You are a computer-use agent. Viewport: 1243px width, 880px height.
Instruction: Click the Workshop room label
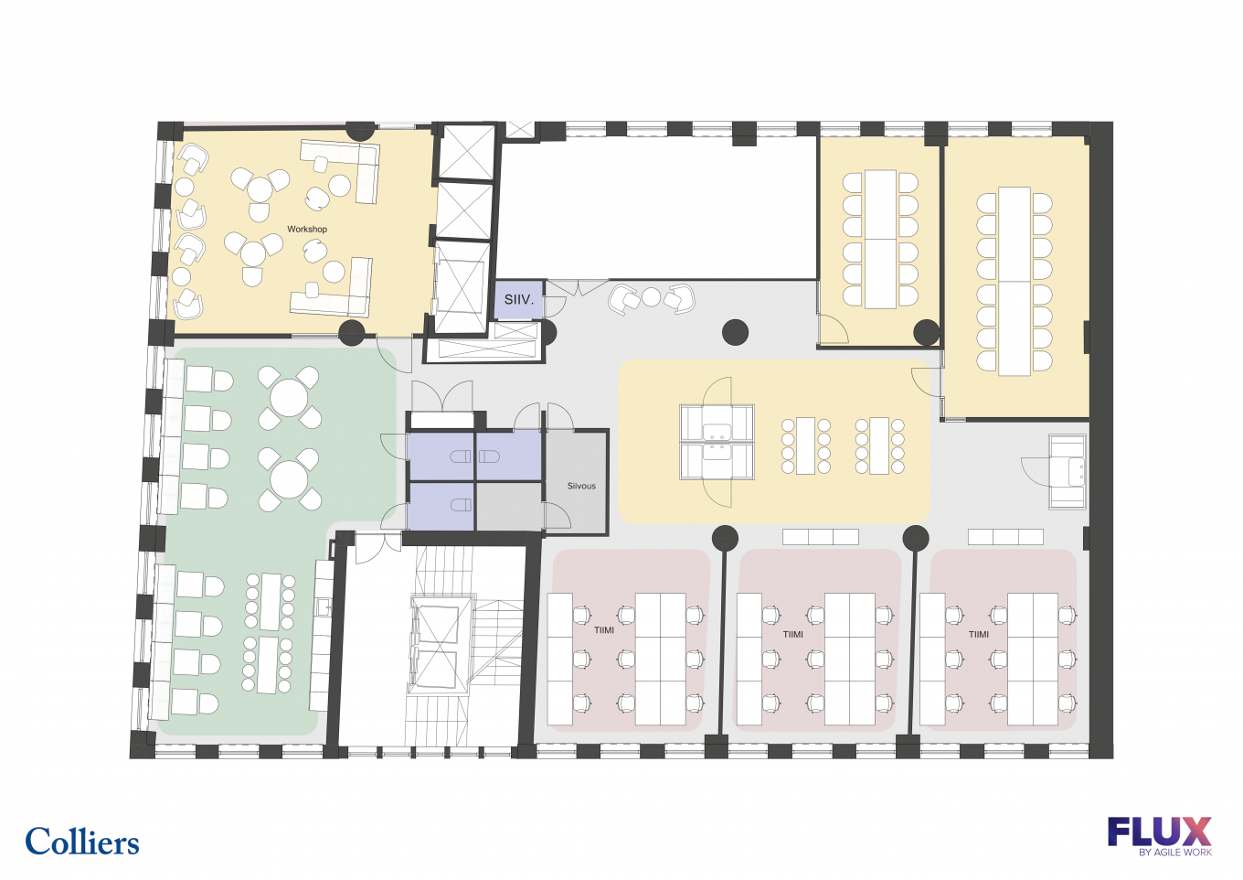point(307,229)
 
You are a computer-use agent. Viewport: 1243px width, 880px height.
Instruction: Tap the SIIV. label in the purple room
point(519,300)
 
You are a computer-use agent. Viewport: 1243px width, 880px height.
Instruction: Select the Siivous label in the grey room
point(581,486)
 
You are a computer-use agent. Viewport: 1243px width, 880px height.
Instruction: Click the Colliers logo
point(82,841)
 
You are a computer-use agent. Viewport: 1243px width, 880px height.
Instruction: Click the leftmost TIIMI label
point(604,630)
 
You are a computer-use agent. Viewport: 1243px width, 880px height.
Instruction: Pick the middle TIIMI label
point(793,634)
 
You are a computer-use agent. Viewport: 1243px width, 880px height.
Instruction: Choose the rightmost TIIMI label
point(979,634)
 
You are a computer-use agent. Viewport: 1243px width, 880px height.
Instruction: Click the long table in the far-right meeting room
point(1015,282)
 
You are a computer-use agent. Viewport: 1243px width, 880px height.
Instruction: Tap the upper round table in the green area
point(289,397)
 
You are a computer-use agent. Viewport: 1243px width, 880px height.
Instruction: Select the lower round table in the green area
point(289,479)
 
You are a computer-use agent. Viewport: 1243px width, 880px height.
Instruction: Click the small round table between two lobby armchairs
point(651,297)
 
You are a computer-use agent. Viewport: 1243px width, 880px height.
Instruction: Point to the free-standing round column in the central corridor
point(735,333)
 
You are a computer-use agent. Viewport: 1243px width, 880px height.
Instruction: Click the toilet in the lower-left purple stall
point(462,504)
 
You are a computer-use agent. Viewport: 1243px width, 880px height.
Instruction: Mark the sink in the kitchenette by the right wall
point(1077,472)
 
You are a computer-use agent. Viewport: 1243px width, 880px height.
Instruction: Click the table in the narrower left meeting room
point(880,239)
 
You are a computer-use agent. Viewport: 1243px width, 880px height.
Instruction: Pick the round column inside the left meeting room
point(926,332)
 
